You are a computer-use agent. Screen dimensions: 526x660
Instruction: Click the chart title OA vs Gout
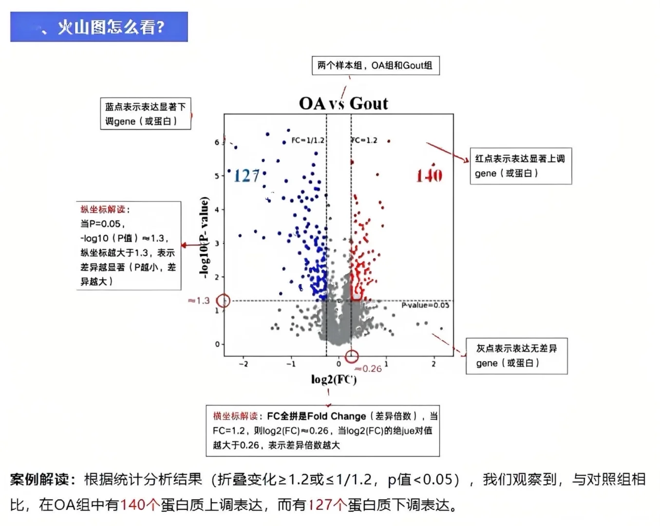pyautogui.click(x=343, y=103)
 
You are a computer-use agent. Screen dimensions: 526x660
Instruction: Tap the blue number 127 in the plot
pyautogui.click(x=247, y=176)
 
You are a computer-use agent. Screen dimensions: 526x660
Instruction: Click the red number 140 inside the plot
pyautogui.click(x=429, y=175)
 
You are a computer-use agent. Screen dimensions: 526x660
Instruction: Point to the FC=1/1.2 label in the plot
pyautogui.click(x=307, y=140)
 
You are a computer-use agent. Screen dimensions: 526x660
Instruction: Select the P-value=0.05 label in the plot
pyautogui.click(x=425, y=305)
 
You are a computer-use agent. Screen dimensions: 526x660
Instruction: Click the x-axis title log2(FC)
pyautogui.click(x=334, y=379)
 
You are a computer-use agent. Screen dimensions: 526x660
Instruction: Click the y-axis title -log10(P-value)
pyautogui.click(x=205, y=237)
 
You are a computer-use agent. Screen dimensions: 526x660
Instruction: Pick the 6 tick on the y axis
pyautogui.click(x=217, y=142)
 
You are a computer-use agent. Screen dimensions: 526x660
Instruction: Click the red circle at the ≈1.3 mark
pyautogui.click(x=224, y=301)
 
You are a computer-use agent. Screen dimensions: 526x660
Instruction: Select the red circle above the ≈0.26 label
pyautogui.click(x=352, y=357)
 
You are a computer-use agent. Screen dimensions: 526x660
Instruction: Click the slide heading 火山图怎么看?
pyautogui.click(x=111, y=27)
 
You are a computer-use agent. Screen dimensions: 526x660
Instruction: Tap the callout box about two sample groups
pyautogui.click(x=376, y=65)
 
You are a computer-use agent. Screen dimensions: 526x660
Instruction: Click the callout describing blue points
pyautogui.click(x=145, y=114)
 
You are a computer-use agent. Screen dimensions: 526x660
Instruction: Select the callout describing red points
pyautogui.click(x=520, y=166)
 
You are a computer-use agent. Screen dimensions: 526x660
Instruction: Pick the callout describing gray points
pyautogui.click(x=516, y=356)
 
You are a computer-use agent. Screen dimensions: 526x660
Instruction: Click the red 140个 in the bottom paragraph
pyautogui.click(x=140, y=505)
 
